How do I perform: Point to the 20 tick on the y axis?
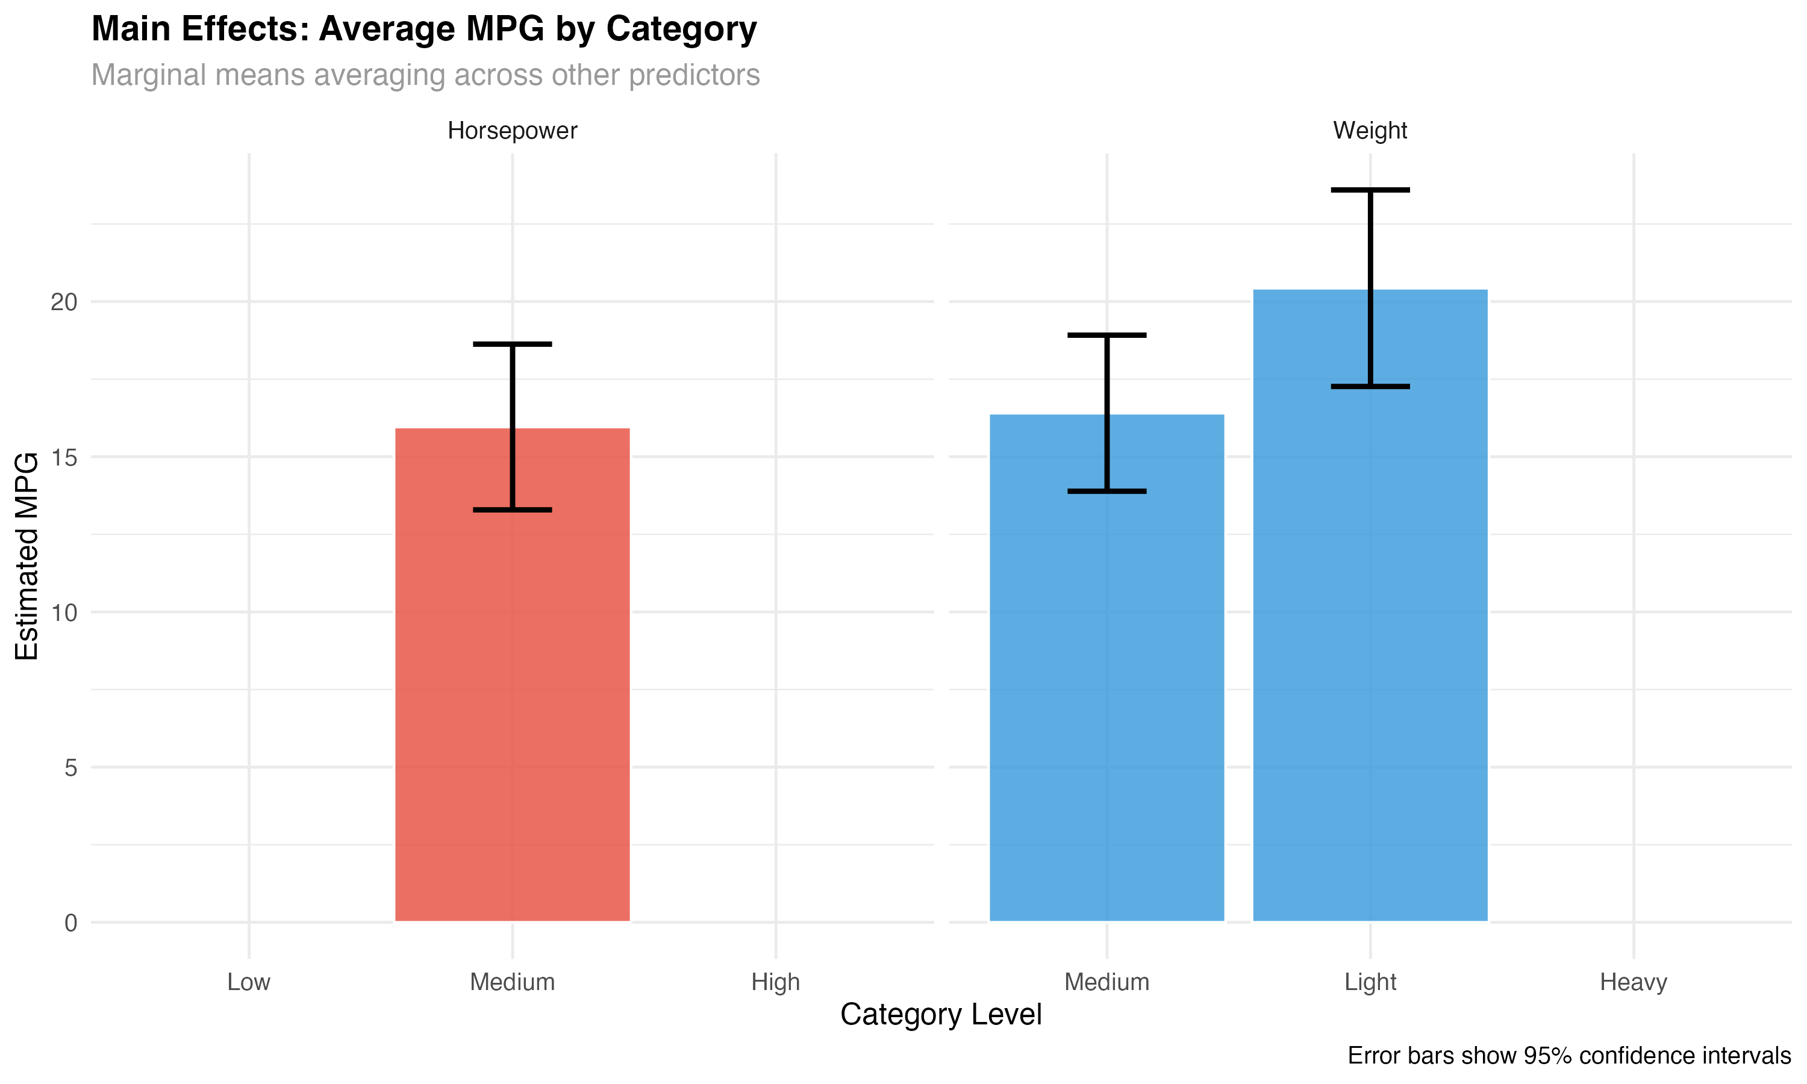pyautogui.click(x=64, y=302)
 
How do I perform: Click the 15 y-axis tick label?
pyautogui.click(x=64, y=457)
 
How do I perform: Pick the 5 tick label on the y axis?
pyautogui.click(x=71, y=768)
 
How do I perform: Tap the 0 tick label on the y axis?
pyautogui.click(x=71, y=923)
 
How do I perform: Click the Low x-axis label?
pyautogui.click(x=249, y=982)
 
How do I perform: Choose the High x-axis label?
pyautogui.click(x=776, y=982)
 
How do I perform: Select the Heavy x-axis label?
pyautogui.click(x=1633, y=982)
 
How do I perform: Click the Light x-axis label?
pyautogui.click(x=1370, y=982)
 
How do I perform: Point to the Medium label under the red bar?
pyautogui.click(x=512, y=982)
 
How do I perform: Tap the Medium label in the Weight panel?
pyautogui.click(x=1106, y=982)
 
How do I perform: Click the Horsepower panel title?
pyautogui.click(x=512, y=131)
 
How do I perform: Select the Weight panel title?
pyautogui.click(x=1370, y=131)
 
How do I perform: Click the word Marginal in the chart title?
pyautogui.click(x=148, y=75)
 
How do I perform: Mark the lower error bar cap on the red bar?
pyautogui.click(x=512, y=510)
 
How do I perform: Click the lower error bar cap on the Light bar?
pyautogui.click(x=1370, y=387)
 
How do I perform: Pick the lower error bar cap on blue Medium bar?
pyautogui.click(x=1106, y=491)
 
